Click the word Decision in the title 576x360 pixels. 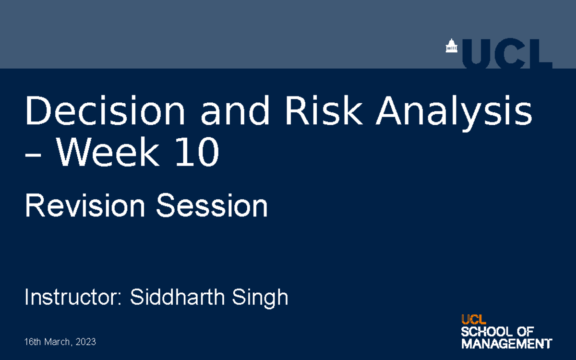pyautogui.click(x=105, y=112)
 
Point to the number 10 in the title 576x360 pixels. pyautogui.click(x=196, y=153)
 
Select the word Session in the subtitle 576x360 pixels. pyautogui.click(x=211, y=206)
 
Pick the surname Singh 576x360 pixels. pyautogui.click(x=260, y=297)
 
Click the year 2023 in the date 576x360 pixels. pyautogui.click(x=86, y=342)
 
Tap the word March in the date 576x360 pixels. pyautogui.click(x=58, y=342)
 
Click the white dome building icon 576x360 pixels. pyautogui.click(x=451, y=47)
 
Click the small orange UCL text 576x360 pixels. pyautogui.click(x=473, y=319)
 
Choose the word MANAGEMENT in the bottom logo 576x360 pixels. pyautogui.click(x=506, y=344)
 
